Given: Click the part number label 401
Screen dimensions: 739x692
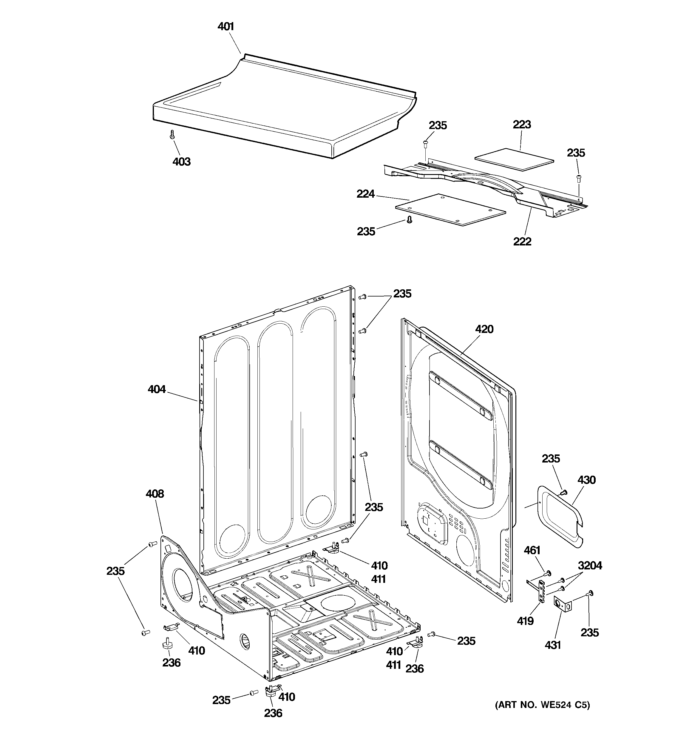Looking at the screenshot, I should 225,26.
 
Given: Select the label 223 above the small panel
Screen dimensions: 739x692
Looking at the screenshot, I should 522,125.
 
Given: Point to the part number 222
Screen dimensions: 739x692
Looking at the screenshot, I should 522,242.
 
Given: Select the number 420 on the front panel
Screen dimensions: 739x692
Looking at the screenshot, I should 484,329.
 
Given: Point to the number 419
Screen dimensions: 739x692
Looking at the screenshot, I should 525,621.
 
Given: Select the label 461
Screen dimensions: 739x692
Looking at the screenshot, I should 532,551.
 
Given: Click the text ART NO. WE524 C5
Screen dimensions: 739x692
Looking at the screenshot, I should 542,705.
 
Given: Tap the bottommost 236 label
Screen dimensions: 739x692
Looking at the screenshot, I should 273,713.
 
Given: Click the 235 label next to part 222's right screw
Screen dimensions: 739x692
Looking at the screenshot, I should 576,153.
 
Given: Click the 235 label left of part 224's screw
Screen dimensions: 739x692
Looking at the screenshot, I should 366,232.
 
